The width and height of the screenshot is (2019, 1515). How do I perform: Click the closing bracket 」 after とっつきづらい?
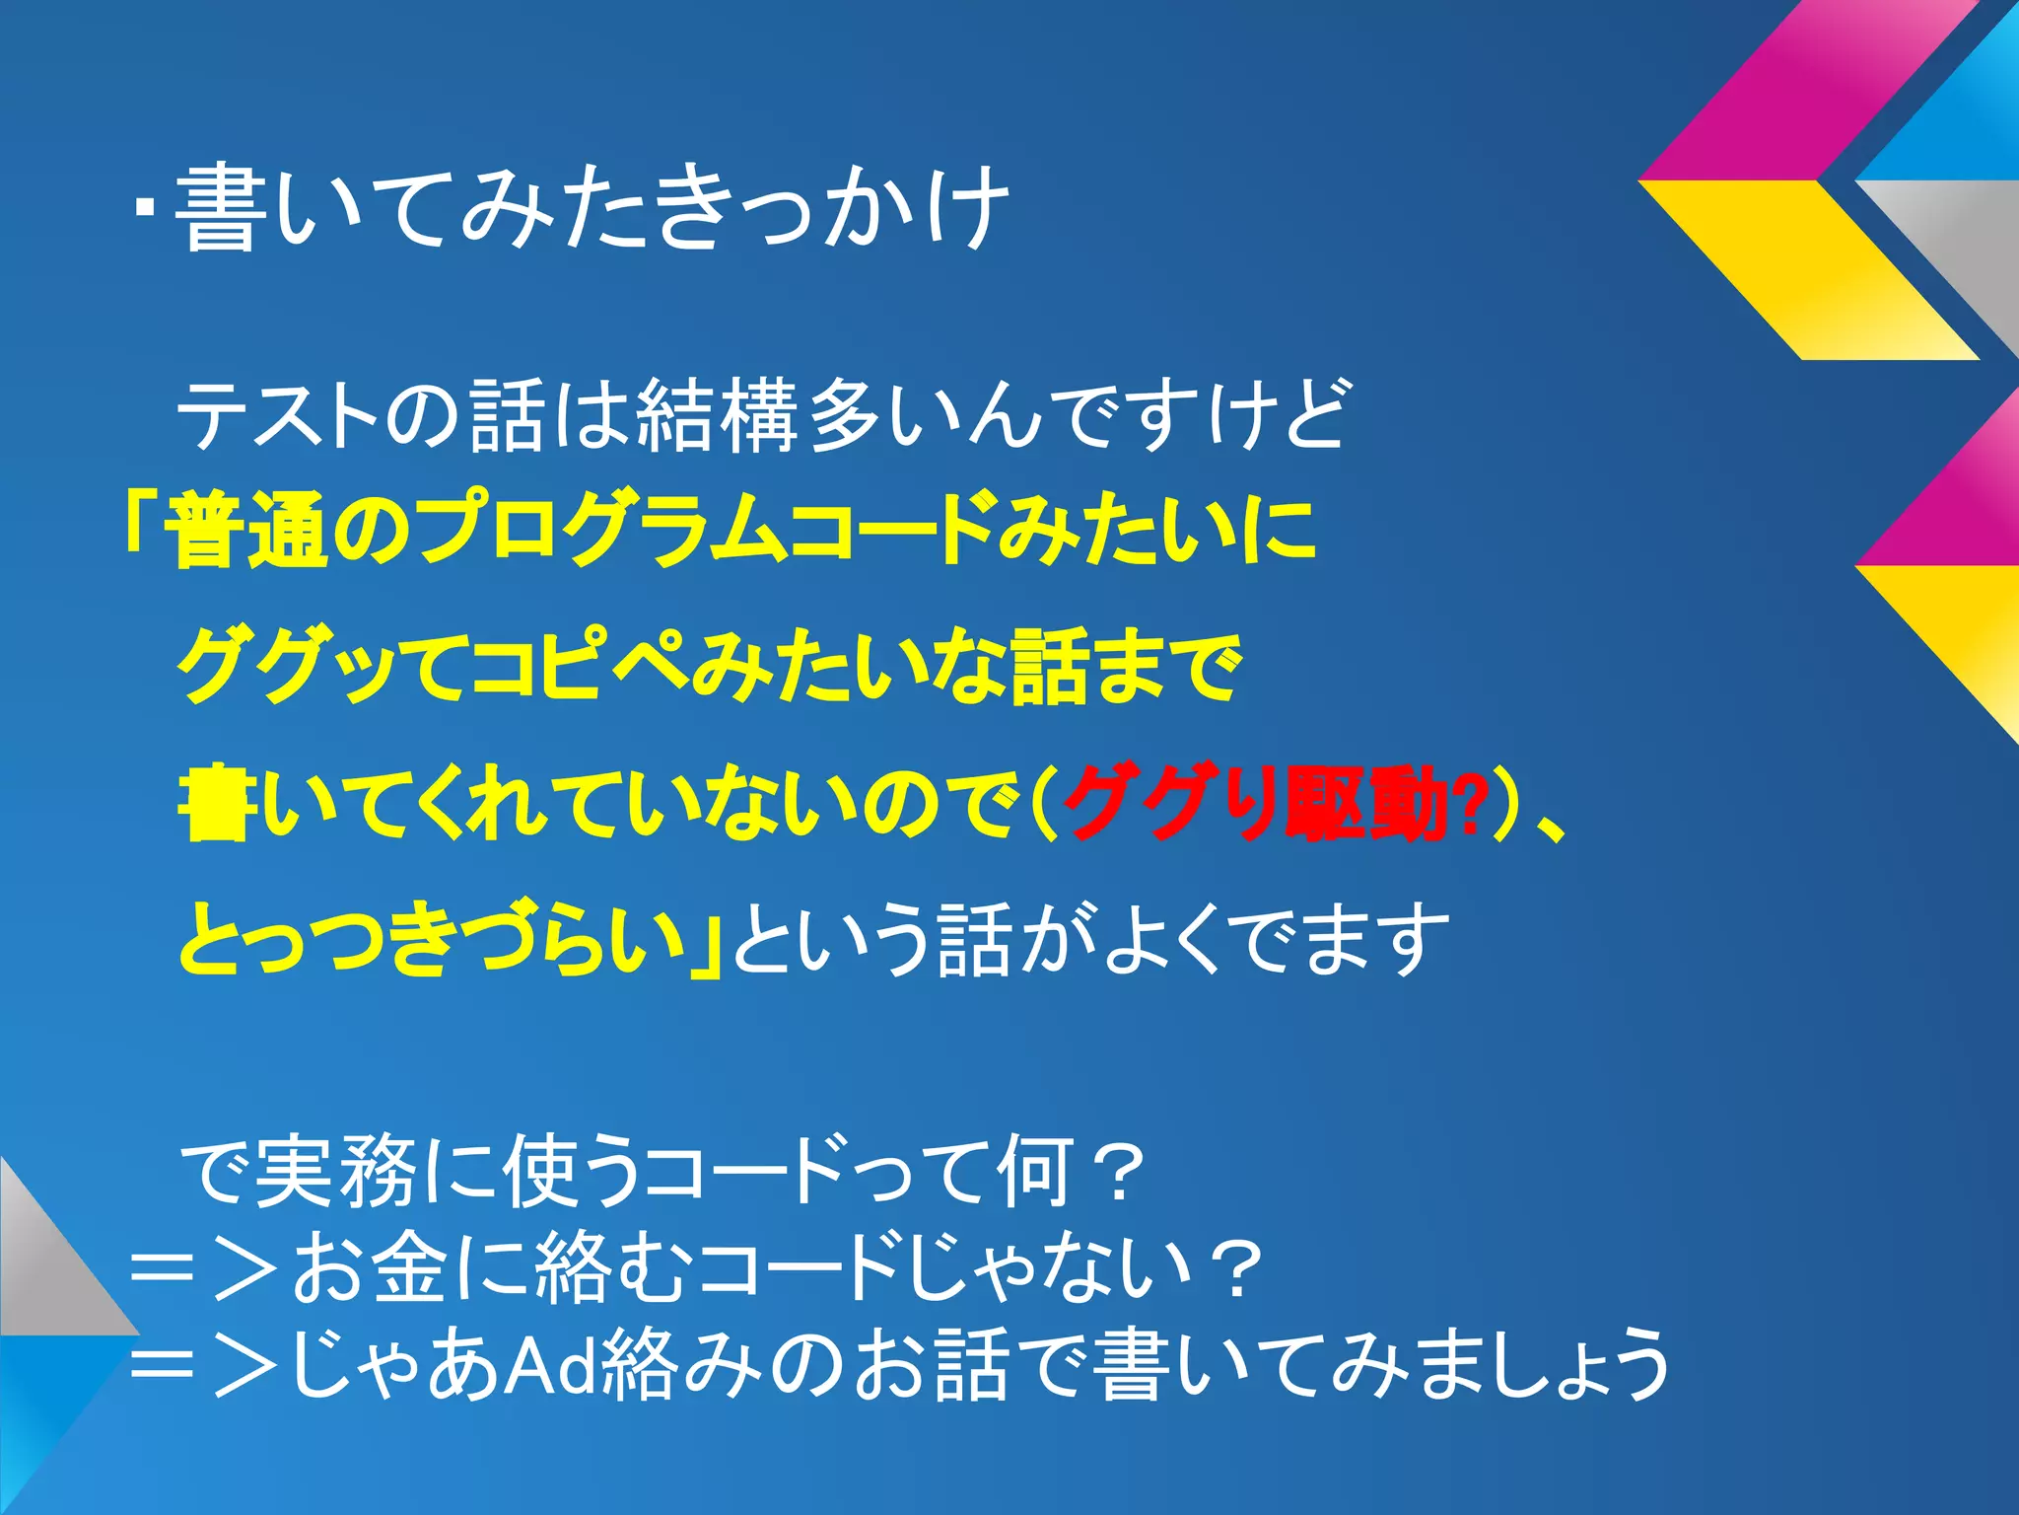coord(708,942)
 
